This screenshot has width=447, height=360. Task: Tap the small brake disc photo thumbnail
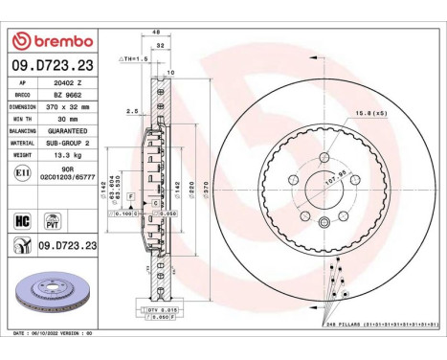coord(48,299)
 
